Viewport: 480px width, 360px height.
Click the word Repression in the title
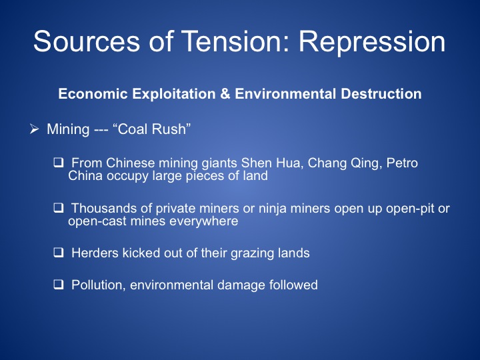[x=372, y=41]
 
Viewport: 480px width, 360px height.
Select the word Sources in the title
[x=87, y=41]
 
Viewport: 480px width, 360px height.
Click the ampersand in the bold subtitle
[x=225, y=94]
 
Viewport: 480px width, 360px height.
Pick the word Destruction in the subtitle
[x=381, y=94]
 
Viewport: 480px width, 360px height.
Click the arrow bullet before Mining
[x=34, y=129]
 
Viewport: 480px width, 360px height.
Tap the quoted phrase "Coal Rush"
[x=152, y=129]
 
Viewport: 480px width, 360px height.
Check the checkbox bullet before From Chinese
[x=59, y=162]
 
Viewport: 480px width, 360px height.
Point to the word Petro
[x=402, y=163]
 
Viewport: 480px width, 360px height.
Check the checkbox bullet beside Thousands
[x=59, y=208]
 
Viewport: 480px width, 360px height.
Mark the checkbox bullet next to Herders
[x=59, y=253]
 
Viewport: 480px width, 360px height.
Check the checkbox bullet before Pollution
[x=59, y=285]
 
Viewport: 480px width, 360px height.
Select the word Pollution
[x=99, y=285]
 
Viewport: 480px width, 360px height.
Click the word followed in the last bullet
[x=293, y=285]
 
